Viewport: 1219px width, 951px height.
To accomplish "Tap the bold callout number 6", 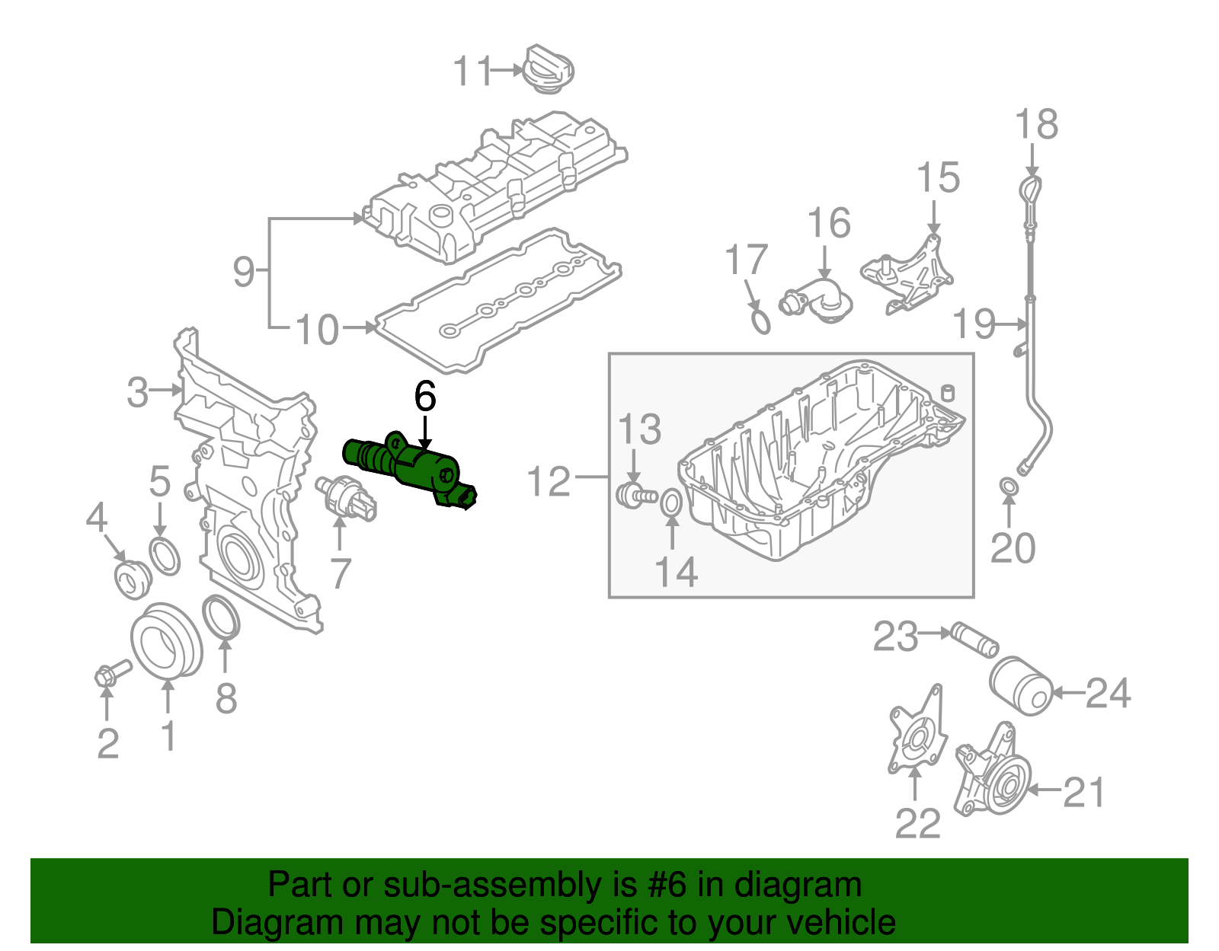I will pos(425,397).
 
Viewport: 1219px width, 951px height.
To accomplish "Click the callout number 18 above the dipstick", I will pos(1037,124).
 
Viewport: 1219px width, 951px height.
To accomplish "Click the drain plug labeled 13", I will pos(632,494).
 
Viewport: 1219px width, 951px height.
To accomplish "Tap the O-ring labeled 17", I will pos(760,320).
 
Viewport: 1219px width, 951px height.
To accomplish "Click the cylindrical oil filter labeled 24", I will pos(1020,685).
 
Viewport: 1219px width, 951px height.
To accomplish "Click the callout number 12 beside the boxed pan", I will pos(549,481).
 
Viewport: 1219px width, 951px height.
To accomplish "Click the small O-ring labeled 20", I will pos(1007,486).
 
